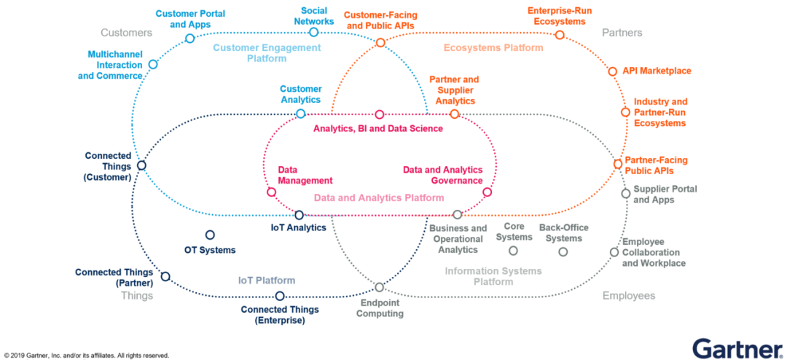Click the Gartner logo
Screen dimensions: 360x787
coord(735,348)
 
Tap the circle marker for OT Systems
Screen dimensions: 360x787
coord(210,235)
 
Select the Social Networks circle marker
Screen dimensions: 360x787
coord(313,32)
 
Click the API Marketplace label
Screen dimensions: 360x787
coord(657,71)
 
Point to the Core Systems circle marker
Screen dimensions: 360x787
coord(513,251)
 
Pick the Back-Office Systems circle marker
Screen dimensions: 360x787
coord(563,251)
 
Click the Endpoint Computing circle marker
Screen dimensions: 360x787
coord(379,287)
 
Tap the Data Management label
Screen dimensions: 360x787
coord(305,175)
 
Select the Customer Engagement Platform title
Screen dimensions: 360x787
coord(267,52)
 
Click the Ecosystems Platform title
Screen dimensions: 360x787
coord(493,47)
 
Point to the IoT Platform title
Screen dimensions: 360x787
coord(267,281)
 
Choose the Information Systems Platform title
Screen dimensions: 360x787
coord(493,276)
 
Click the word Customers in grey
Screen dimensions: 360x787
coord(126,33)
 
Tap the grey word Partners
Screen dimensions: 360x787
coord(622,33)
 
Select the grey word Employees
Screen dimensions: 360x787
coord(629,296)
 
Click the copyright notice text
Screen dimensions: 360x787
coord(87,356)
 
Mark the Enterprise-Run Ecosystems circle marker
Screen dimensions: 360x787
coord(560,34)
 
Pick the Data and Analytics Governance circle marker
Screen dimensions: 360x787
coord(488,192)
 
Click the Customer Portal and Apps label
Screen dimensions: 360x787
coord(190,19)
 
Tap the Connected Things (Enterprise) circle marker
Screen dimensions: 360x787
coord(279,296)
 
